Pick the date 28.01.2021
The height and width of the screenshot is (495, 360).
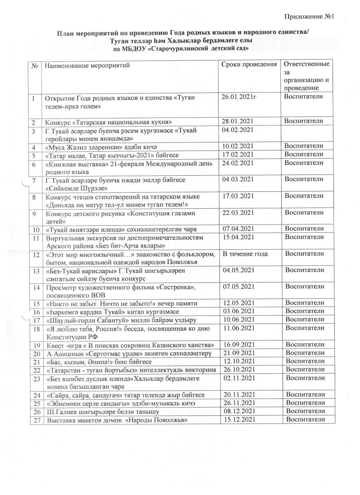click(237, 121)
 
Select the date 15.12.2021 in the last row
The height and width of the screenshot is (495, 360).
click(238, 420)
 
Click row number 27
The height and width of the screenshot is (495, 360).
click(36, 420)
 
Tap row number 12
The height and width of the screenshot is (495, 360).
click(36, 254)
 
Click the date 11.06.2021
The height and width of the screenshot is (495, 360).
click(238, 328)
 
